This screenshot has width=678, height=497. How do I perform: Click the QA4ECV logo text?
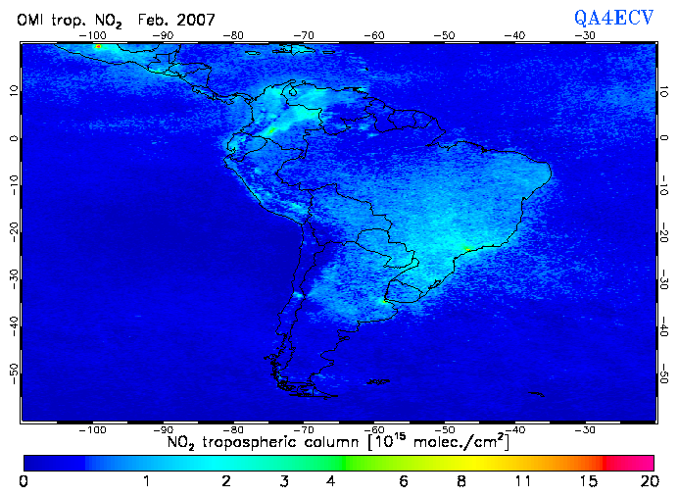614,18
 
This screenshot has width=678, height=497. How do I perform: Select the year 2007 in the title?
196,20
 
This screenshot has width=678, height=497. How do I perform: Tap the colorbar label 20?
646,481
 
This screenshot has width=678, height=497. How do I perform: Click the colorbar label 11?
524,481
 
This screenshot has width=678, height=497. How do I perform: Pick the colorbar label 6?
404,481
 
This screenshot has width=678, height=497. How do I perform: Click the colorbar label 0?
24,481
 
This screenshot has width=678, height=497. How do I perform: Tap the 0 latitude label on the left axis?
14,137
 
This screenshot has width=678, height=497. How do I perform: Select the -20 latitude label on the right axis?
664,232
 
